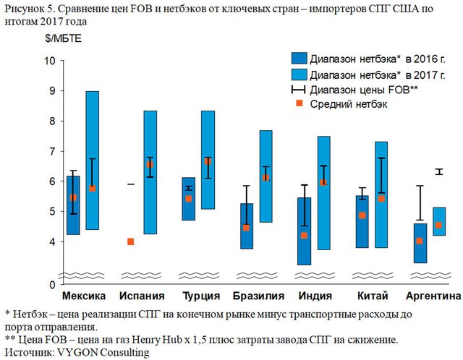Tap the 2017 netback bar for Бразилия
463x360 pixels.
click(266, 202)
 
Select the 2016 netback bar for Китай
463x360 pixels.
click(361, 231)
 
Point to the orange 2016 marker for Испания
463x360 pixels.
click(130, 241)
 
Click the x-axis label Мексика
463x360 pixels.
click(85, 296)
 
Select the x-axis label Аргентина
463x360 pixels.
click(433, 296)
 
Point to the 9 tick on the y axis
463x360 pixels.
click(50, 91)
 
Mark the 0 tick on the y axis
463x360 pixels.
click(50, 284)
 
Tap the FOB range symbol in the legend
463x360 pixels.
click(297, 90)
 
